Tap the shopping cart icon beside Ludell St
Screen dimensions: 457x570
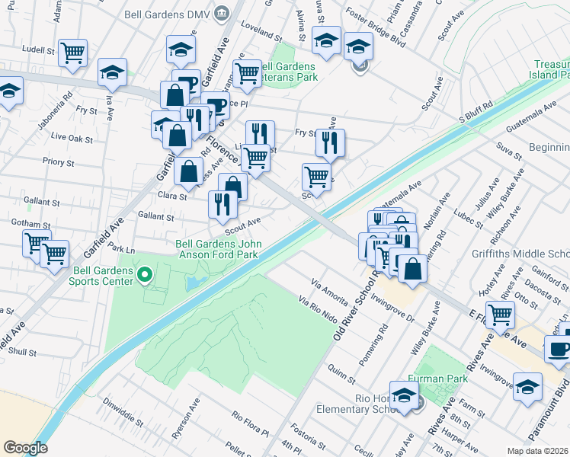pos(73,53)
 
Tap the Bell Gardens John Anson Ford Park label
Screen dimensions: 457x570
pos(219,249)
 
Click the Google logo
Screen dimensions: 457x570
pos(25,448)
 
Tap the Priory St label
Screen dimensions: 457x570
pos(58,162)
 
